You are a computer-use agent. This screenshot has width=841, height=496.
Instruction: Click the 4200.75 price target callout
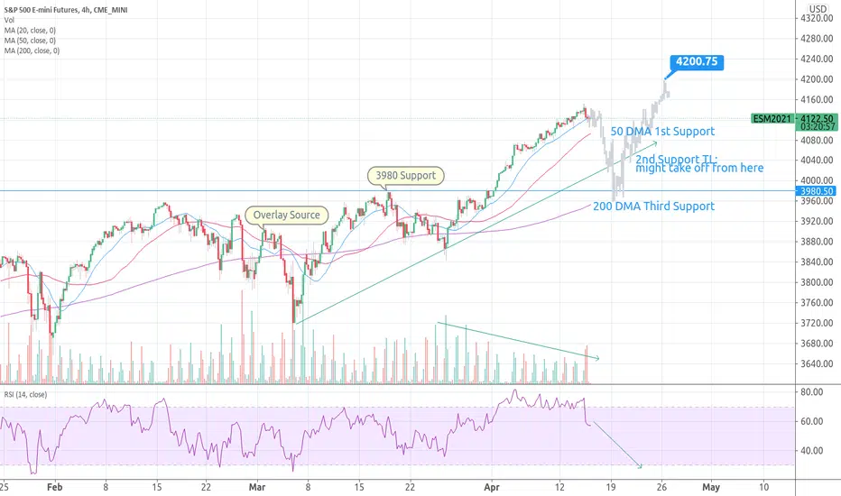tap(697, 62)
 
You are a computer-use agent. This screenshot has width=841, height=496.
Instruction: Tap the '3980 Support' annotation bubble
tap(405, 175)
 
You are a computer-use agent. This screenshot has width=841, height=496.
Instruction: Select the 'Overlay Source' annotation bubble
tap(286, 215)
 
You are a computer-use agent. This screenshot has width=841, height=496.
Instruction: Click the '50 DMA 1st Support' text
tap(662, 132)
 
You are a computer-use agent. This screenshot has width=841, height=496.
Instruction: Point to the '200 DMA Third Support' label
tap(653, 207)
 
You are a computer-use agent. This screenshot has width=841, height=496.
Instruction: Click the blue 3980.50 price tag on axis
tap(817, 191)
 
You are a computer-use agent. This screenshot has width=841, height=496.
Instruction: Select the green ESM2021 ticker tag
tap(772, 118)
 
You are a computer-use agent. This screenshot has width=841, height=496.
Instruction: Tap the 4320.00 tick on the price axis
tap(817, 18)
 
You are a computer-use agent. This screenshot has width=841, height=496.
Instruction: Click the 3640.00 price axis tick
tap(817, 363)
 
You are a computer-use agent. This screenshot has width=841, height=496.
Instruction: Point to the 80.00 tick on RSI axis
tap(811, 392)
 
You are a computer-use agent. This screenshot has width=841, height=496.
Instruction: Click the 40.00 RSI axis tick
tap(811, 450)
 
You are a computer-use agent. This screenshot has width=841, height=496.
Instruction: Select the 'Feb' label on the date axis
tap(55, 487)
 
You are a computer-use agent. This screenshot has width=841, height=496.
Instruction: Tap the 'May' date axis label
tap(711, 487)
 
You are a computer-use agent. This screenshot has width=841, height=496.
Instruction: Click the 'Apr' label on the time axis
tap(492, 487)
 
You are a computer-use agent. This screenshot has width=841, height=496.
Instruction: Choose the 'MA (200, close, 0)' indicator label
tap(32, 51)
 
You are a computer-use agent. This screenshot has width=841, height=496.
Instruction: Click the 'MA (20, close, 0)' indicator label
tap(30, 31)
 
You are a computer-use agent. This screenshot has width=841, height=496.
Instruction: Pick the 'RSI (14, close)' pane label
tap(26, 395)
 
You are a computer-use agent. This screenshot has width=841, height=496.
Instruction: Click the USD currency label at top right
tap(818, 9)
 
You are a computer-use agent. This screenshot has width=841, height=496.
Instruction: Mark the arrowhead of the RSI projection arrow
tap(640, 466)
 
